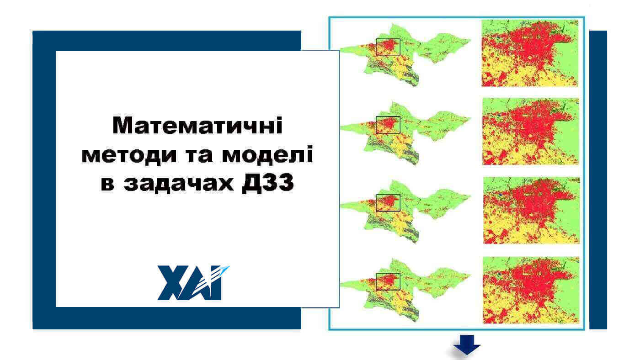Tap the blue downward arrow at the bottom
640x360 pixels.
tap(467, 345)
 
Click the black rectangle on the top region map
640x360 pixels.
tap(388, 47)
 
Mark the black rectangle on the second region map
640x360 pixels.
tap(388, 125)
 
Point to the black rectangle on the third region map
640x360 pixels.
tap(388, 203)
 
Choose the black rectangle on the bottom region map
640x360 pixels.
tap(388, 281)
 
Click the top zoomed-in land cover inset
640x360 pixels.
tap(530, 53)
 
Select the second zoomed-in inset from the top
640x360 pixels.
tap(530, 131)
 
